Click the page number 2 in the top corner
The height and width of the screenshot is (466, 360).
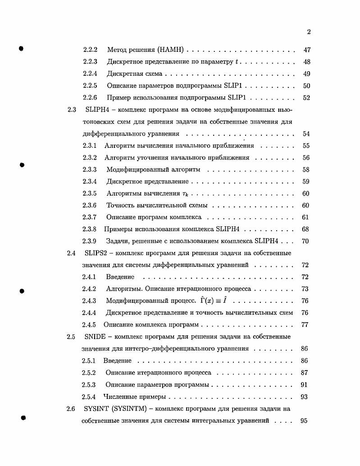point(309,32)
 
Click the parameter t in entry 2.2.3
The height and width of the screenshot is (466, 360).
point(237,62)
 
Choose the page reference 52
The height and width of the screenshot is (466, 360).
point(306,98)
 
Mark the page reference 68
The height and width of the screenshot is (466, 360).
point(305,229)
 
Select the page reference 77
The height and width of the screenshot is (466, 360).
point(305,324)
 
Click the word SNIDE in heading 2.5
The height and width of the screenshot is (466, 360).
point(93,337)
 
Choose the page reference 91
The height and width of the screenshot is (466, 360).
point(304,385)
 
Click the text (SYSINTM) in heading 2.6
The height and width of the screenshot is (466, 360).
point(128,409)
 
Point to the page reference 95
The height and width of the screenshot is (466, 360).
point(304,420)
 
